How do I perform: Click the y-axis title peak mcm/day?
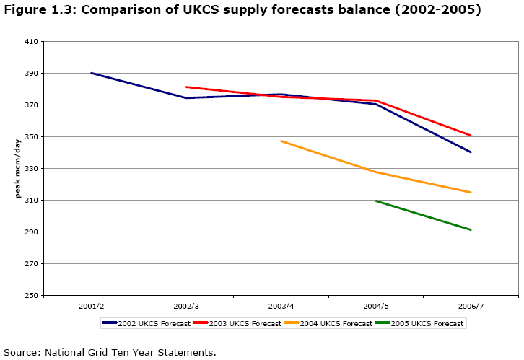click(x=18, y=168)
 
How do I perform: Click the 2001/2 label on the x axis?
click(x=92, y=307)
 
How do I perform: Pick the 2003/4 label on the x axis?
click(x=281, y=307)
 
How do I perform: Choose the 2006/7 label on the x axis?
click(x=471, y=307)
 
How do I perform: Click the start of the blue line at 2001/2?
click(x=92, y=73)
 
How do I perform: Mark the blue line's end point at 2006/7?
click(x=471, y=152)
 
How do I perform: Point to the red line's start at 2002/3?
click(x=186, y=87)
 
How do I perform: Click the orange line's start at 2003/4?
click(x=281, y=141)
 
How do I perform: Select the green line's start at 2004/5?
click(x=376, y=201)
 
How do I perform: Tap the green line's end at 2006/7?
click(x=471, y=230)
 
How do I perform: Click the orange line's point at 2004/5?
click(x=376, y=172)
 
